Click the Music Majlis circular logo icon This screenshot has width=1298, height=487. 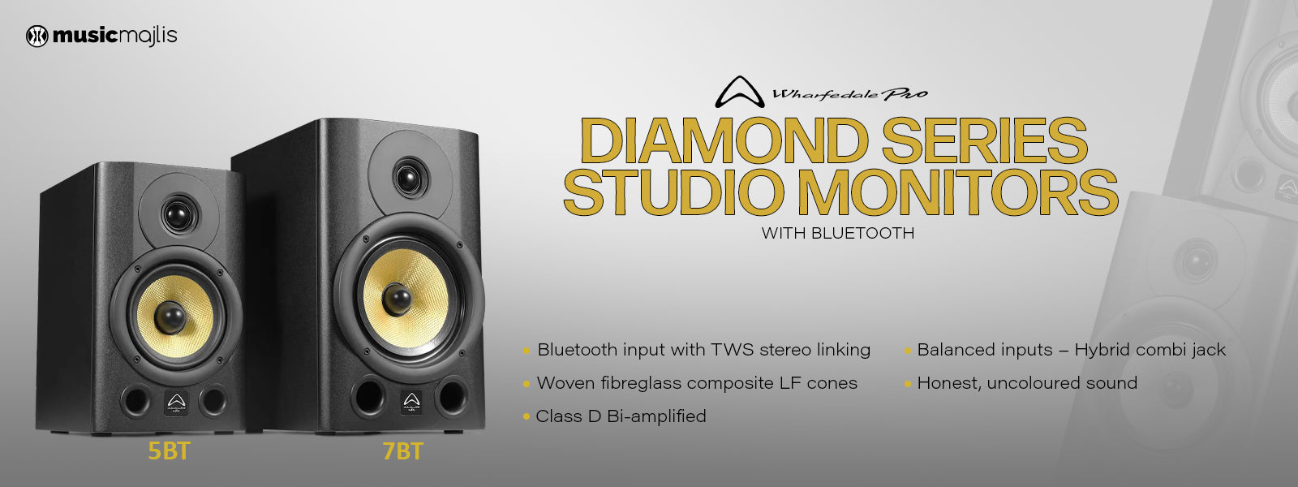coord(37,36)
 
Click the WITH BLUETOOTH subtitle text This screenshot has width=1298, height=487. coord(837,233)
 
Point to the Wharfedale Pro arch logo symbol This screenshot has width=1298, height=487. coord(739,92)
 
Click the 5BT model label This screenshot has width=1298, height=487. coord(169,451)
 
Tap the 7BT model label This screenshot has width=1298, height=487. coord(402,451)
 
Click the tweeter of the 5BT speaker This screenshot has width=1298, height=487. coord(178,214)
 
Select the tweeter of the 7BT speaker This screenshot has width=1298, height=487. coord(410,175)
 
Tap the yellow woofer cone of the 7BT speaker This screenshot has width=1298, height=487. coord(403,296)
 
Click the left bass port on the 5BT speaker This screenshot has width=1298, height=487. coord(135,399)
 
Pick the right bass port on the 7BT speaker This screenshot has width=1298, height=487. coord(450,395)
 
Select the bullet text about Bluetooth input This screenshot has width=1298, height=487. coord(703,350)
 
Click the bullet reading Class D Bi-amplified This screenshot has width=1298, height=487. coord(621,416)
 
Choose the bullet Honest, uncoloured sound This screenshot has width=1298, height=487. coord(1026,383)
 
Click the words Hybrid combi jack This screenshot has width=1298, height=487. coord(1150,350)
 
